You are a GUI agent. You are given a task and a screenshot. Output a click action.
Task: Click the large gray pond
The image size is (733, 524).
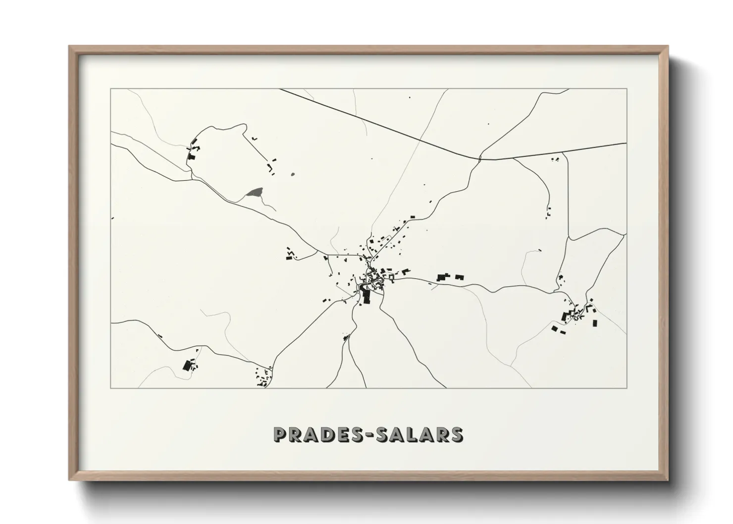coord(255,193)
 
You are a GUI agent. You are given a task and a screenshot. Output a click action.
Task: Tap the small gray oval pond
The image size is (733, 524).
coord(292,174)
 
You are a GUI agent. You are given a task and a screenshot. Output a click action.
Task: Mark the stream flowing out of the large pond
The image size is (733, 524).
coord(267,203)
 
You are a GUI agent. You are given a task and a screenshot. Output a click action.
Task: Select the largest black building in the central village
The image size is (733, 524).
coord(366,297)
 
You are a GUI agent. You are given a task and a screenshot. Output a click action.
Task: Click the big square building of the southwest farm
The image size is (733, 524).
coord(187,366)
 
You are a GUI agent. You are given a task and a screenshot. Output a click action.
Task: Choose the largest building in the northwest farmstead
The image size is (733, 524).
coord(192,157)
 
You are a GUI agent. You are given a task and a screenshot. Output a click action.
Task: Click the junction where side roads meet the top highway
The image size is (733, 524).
coord(479,158)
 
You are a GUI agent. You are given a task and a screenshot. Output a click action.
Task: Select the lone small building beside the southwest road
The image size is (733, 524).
coord(159,336)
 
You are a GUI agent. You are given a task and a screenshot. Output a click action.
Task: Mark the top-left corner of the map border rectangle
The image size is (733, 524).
coord(111,89)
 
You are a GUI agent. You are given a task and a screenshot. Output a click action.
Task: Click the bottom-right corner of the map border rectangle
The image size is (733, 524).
coord(627,388)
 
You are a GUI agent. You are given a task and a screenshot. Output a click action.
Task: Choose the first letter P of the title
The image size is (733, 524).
coord(280,434)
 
